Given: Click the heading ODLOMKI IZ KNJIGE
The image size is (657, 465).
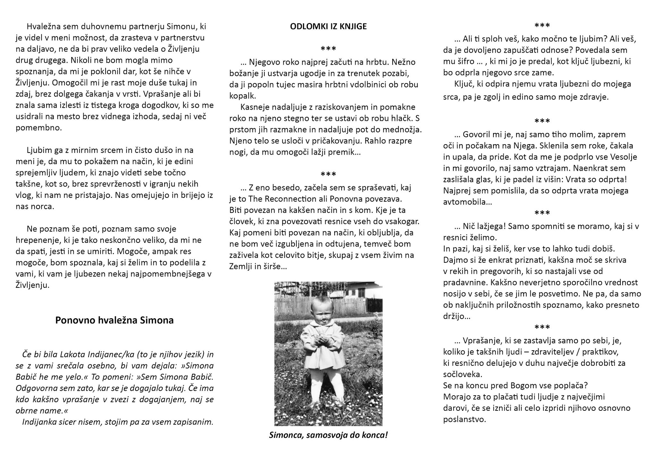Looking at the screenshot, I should click(328, 26).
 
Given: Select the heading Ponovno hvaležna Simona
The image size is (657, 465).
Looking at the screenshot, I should click(114, 320).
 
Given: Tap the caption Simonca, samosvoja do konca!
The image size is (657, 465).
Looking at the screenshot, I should click(328, 435).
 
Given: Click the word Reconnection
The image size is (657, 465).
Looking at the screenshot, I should click(290, 199).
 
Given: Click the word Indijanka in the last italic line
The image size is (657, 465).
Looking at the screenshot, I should click(37, 422).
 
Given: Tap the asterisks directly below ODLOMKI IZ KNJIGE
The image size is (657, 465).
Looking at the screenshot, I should click(328, 49).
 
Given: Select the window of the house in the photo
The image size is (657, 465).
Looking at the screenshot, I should click(361, 293).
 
